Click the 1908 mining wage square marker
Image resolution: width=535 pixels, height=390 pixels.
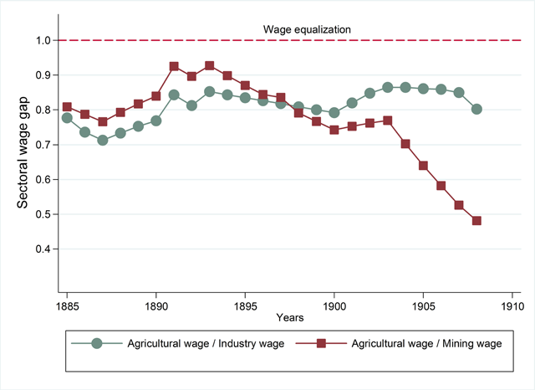coord(476,221)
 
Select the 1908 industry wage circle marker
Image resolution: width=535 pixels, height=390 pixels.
coord(476,110)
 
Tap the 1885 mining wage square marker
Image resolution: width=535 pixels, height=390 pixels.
coord(67,107)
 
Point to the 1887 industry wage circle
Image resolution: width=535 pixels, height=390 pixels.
coord(103,140)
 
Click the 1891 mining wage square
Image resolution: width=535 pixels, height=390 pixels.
coord(174,66)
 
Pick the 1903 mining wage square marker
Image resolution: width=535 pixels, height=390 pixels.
coord(388,121)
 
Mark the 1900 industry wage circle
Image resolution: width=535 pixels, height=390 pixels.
coord(334,112)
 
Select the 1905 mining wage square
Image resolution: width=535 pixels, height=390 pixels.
coord(423,166)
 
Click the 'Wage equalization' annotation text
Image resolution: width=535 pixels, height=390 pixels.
coord(307,30)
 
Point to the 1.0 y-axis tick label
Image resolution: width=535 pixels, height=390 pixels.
coord(43,40)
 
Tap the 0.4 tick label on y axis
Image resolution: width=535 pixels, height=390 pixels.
coord(43,249)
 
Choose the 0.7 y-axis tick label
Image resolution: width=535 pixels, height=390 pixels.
coord(43,145)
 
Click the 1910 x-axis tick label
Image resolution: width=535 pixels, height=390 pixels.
coord(512,306)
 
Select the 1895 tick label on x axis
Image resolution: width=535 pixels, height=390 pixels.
coord(245,306)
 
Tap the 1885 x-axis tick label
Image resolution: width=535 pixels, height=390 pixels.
coord(67,306)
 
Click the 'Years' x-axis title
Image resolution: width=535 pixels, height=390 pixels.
coord(290,317)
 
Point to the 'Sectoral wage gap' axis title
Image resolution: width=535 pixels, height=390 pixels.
coord(23,152)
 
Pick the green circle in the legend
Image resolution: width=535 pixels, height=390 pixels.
coord(97,343)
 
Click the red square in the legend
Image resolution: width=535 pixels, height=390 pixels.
coord(321,343)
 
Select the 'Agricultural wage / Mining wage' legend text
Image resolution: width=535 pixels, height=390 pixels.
coord(426,344)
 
